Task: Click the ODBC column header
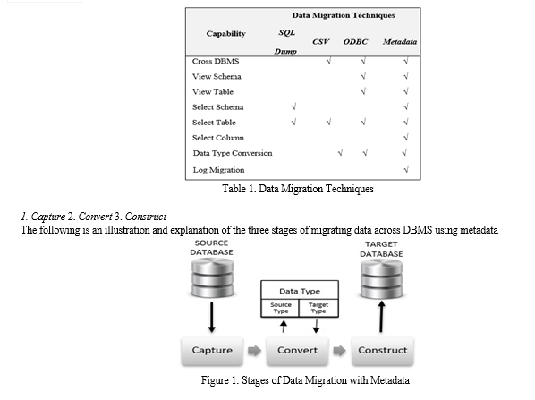[x=355, y=42]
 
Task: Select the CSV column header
[x=320, y=42]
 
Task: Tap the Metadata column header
[x=400, y=42]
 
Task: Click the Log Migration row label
[x=218, y=170]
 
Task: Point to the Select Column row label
[x=218, y=138]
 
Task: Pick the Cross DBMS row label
[x=216, y=61]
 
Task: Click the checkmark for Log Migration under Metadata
[x=406, y=169]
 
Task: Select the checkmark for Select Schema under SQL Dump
[x=293, y=106]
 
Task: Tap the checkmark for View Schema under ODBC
[x=363, y=76]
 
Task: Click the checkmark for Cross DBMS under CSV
[x=328, y=61]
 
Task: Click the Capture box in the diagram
[x=212, y=351]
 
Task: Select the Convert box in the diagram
[x=297, y=351]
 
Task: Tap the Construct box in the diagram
[x=383, y=351]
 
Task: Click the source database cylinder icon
[x=212, y=277]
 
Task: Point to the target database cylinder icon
[x=381, y=278]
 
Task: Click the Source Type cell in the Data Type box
[x=280, y=308]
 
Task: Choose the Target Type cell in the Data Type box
[x=318, y=308]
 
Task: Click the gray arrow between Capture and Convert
[x=255, y=351]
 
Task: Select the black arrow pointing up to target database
[x=381, y=317]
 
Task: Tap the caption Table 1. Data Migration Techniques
[x=298, y=189]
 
